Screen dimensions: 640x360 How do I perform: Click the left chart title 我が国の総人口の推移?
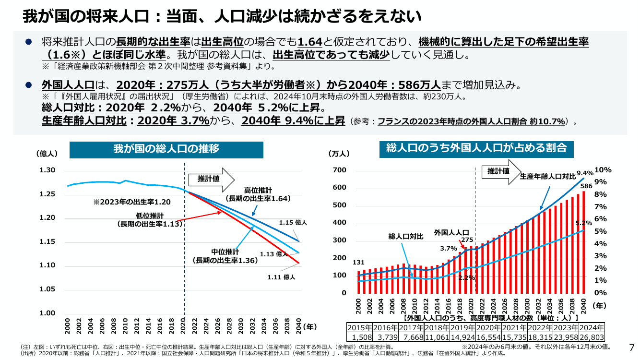click(x=166, y=149)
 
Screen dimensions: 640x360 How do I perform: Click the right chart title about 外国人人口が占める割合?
click(x=476, y=148)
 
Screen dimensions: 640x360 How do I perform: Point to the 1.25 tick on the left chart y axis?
click(x=47, y=194)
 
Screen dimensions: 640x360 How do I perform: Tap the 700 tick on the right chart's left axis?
click(x=339, y=170)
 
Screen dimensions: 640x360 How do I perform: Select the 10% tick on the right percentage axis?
click(x=603, y=170)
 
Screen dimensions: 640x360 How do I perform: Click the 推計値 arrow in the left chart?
click(x=212, y=180)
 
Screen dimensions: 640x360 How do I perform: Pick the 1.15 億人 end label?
click(x=293, y=222)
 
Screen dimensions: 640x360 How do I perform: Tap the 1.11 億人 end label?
click(x=281, y=277)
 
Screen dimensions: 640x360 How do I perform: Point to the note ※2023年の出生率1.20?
click(x=132, y=202)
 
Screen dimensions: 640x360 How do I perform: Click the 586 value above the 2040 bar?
click(x=586, y=186)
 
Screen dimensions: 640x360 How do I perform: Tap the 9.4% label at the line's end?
click(x=585, y=173)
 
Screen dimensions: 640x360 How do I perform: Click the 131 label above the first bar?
click(x=358, y=263)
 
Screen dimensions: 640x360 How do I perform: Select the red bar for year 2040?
click(x=584, y=242)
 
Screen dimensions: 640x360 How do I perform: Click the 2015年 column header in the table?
click(x=359, y=328)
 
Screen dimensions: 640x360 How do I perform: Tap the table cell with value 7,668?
click(x=412, y=337)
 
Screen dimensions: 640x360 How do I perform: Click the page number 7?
click(x=632, y=348)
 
